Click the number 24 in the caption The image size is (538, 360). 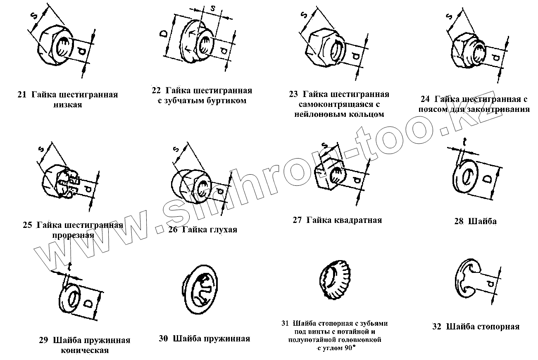(425, 99)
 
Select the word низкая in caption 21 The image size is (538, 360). (67, 105)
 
